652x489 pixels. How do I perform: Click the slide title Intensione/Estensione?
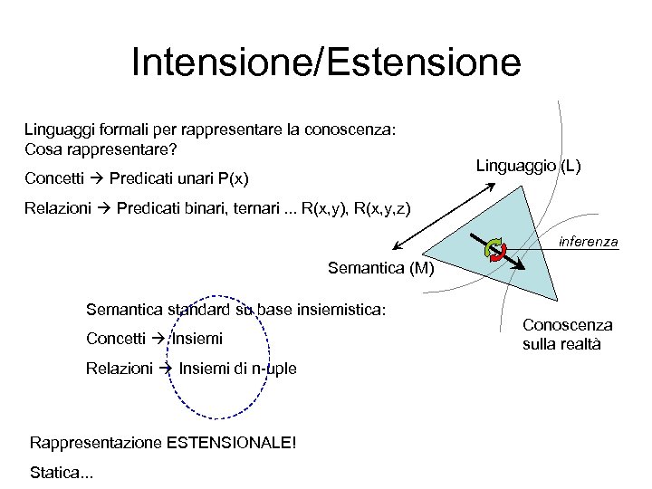tap(326, 63)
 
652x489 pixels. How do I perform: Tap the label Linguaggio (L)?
tap(529, 166)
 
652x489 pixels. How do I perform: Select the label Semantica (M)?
tap(381, 268)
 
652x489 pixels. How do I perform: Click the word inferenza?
tap(589, 242)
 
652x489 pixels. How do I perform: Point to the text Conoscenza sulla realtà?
tap(567, 334)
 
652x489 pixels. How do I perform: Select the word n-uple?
tap(273, 369)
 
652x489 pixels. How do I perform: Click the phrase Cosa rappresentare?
tap(101, 149)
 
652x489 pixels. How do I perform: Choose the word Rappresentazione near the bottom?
tap(94, 443)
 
